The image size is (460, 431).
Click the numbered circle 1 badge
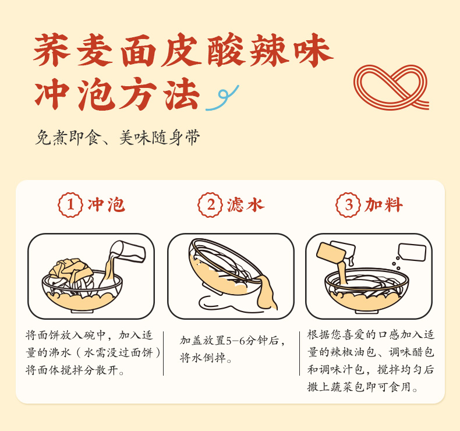click(x=70, y=205)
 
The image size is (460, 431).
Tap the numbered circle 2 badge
click(x=210, y=205)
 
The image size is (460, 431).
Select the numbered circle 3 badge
click(x=348, y=205)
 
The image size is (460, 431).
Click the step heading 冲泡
click(x=106, y=205)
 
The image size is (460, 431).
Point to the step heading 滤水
click(x=246, y=205)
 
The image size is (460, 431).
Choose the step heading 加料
click(x=384, y=205)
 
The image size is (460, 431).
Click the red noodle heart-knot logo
click(x=391, y=87)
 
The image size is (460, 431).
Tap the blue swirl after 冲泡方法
click(x=222, y=98)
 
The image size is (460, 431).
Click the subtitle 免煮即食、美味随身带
click(x=118, y=137)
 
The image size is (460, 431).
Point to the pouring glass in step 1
click(x=128, y=252)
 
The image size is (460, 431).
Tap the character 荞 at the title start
click(x=52, y=50)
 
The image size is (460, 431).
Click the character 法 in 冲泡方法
click(x=182, y=94)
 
